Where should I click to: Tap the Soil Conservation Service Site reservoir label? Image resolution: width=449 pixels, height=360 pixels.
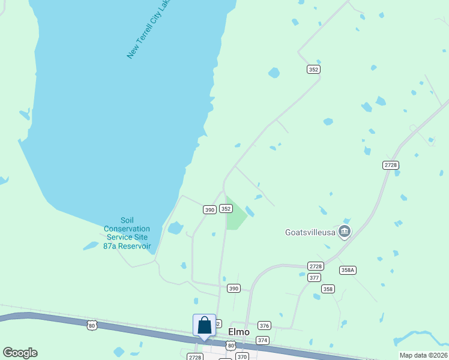coord(127,233)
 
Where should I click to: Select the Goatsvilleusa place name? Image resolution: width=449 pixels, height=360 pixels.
coord(309,232)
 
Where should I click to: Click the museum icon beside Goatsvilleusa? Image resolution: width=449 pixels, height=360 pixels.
coord(344,231)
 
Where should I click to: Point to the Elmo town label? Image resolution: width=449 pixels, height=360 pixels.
coord(239,331)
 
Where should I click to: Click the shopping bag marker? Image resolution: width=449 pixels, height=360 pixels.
coord(204,325)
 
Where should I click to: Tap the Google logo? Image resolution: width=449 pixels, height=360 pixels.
coord(20,353)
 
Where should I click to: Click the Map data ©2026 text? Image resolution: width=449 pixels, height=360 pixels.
coord(423,355)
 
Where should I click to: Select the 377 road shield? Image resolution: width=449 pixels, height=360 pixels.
coord(314,277)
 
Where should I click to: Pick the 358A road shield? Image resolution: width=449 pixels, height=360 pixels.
coord(348,270)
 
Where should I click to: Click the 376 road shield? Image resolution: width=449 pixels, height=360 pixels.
coord(264,325)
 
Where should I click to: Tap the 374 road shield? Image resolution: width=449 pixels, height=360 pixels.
coord(262,340)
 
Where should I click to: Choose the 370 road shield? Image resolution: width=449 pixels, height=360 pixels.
coord(242,356)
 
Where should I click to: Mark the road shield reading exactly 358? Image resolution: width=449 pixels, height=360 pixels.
coord(328,289)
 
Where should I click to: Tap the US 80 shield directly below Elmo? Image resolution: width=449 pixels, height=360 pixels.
coord(231,345)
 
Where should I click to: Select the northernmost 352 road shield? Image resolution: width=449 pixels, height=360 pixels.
coord(313,70)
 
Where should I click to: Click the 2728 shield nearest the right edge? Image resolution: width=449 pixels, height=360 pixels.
coord(390,164)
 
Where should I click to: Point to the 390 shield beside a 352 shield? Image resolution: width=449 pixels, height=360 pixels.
coord(209,209)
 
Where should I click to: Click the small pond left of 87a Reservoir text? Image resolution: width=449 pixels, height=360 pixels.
coord(91,245)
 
